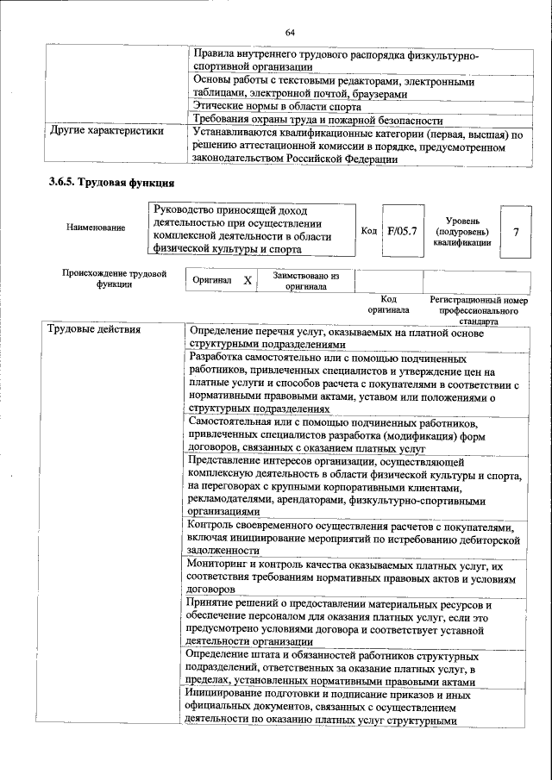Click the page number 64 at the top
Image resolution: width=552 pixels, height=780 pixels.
[x=290, y=33]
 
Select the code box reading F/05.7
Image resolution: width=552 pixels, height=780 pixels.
[x=402, y=231]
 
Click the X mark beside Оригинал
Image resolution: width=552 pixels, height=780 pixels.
[x=248, y=281]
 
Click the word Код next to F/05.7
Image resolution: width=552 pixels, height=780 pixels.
[x=369, y=231]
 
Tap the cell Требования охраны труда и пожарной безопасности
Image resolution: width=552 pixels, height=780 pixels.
[x=318, y=121]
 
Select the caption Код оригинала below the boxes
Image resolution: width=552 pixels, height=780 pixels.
[x=388, y=304]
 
